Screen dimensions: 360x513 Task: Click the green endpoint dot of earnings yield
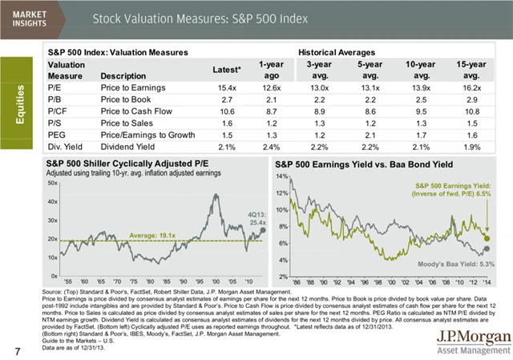[x=487, y=238]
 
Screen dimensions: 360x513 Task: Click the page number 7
[x=17, y=350]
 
